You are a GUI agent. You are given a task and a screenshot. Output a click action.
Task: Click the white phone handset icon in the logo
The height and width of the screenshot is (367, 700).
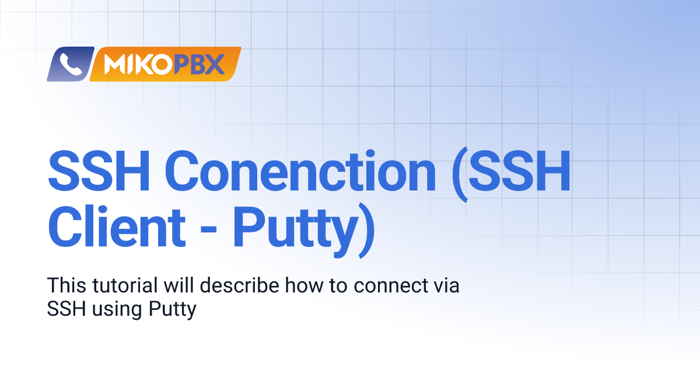(x=71, y=64)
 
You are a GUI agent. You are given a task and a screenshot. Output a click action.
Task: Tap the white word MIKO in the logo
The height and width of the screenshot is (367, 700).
(x=138, y=64)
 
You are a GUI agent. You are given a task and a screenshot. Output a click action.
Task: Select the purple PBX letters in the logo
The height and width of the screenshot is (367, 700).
(x=199, y=64)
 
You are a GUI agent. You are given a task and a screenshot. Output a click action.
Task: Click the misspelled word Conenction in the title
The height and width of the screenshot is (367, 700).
(x=300, y=170)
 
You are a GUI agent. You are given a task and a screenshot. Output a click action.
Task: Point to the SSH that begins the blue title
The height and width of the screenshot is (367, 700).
(x=99, y=170)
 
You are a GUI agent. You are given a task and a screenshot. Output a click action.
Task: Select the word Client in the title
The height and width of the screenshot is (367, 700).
(x=117, y=225)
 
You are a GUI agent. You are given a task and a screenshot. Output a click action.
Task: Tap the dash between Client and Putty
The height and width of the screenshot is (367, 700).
(x=208, y=230)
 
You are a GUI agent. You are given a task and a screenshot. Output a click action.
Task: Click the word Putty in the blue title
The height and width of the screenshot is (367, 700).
(x=296, y=231)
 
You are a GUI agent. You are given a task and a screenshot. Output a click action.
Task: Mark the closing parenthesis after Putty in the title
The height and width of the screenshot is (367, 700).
(x=366, y=230)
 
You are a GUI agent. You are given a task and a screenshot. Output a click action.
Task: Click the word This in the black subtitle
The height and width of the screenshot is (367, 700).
(x=66, y=285)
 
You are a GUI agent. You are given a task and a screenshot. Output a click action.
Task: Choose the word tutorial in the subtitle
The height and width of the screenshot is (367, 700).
(x=125, y=285)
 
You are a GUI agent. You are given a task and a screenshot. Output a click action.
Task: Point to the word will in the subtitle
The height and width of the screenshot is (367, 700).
(x=178, y=285)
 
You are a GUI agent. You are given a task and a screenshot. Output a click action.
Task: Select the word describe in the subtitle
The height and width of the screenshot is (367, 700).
(x=240, y=285)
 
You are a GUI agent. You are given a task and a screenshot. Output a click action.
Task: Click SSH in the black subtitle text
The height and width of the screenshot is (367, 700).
(x=66, y=309)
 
